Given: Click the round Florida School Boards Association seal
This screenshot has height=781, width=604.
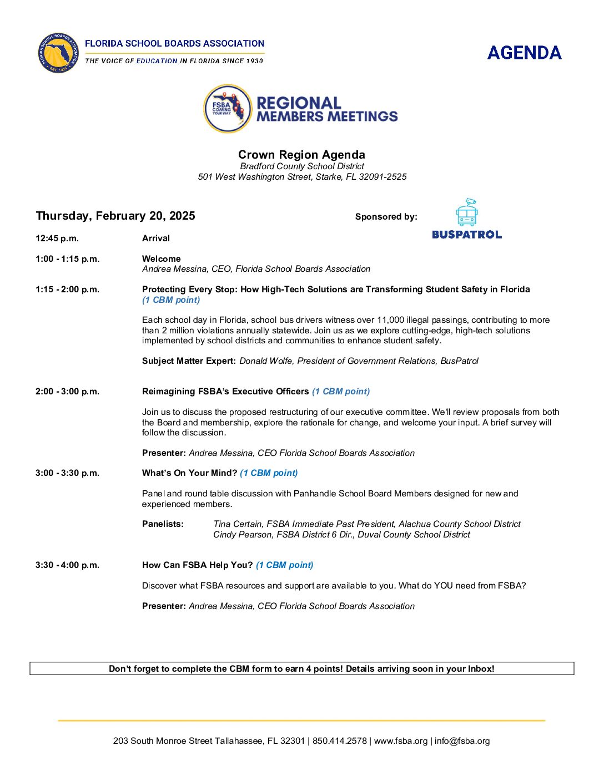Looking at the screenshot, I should (58, 53).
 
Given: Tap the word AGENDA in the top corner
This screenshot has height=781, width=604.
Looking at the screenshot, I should (524, 53).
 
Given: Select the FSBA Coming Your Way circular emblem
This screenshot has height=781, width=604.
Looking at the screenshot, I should (228, 109).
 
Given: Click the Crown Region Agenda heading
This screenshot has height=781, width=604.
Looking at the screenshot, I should (301, 155).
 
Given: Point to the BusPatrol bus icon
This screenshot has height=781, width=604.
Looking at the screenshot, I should (467, 212).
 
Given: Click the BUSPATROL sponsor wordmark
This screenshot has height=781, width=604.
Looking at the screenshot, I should (467, 235).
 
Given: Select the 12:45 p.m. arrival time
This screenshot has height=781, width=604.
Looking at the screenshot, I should (57, 239).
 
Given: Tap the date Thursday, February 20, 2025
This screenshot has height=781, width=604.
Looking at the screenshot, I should (115, 216).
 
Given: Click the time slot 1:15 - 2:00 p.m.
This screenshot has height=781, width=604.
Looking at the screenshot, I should (67, 290).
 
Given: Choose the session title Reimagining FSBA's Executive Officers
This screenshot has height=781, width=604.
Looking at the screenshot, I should (225, 392).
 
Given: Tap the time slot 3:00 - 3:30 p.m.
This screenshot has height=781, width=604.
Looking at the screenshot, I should (67, 473).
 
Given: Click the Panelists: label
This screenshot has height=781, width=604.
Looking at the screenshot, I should (163, 524).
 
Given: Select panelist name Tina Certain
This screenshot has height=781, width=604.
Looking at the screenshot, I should (238, 524).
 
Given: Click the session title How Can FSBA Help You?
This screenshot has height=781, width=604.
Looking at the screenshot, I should (197, 565).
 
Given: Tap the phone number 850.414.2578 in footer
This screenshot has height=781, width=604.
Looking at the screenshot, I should (340, 741).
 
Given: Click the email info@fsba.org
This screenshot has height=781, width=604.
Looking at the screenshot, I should (462, 741).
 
